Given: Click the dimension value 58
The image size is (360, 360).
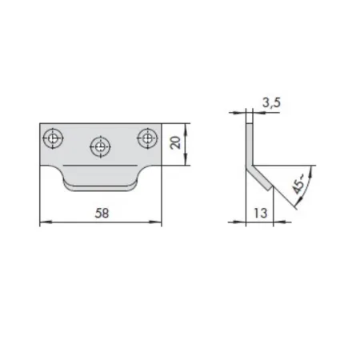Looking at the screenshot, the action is point(102,213).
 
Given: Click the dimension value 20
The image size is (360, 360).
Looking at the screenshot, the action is point(175,142).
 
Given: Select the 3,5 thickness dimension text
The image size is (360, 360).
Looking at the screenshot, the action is point(271,102).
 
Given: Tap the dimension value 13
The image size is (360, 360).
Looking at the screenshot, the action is point(260,213).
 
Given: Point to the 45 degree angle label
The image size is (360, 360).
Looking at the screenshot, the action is point(298,184).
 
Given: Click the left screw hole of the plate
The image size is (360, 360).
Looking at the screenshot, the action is point(53,138).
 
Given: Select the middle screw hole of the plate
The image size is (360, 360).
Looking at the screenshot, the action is point(100,146).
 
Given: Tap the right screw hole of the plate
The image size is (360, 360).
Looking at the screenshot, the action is point(147,138).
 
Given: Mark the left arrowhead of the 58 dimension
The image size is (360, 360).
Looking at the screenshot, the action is point(46,222).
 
